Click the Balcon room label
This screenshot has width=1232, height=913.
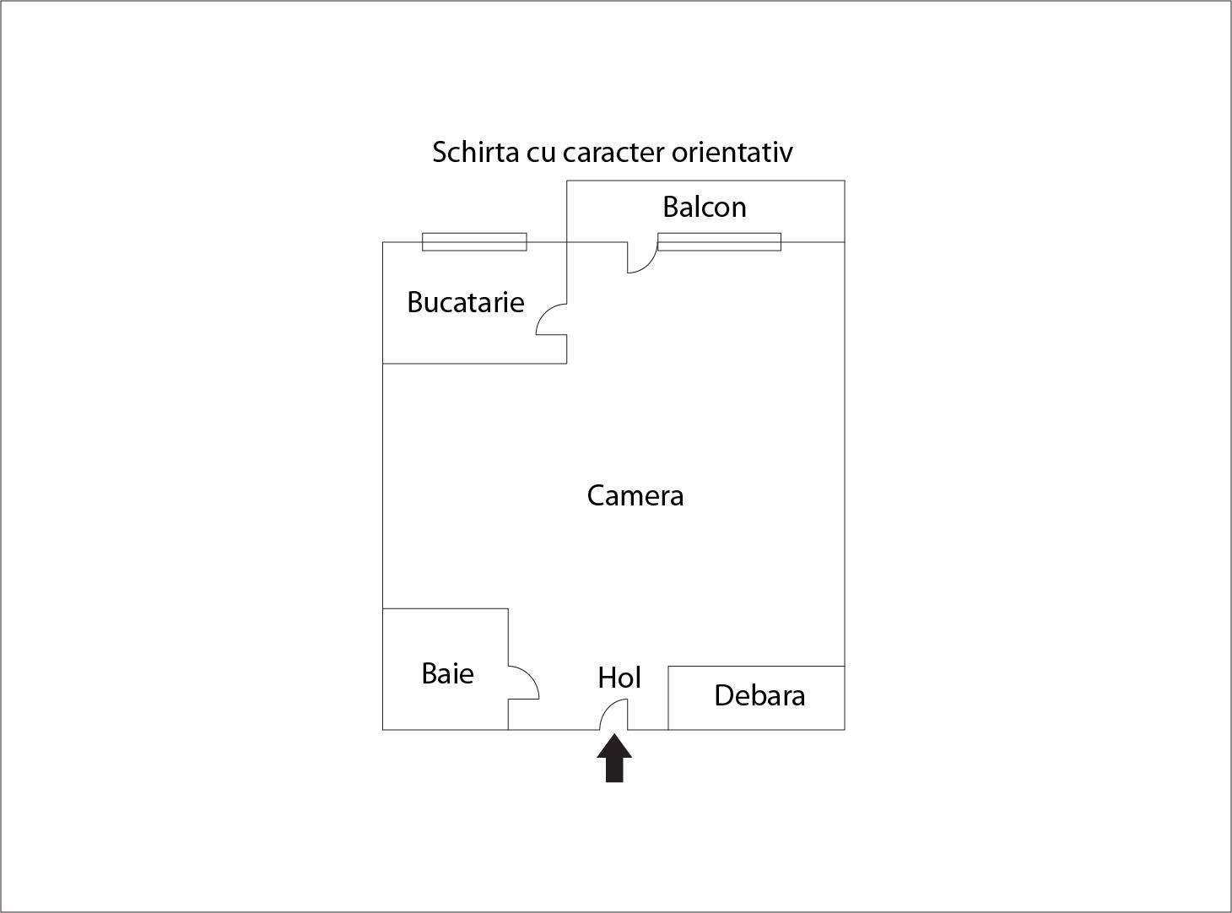point(705,207)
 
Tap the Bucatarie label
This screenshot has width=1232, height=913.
point(466,302)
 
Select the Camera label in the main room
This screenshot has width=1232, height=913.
point(635,495)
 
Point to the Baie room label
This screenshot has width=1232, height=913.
point(448,673)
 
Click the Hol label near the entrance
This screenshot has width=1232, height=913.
point(619,678)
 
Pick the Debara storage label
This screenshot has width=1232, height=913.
point(759,695)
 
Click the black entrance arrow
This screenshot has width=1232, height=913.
point(614,758)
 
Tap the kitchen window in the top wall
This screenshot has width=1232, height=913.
point(474,241)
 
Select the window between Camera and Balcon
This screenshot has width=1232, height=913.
point(719,241)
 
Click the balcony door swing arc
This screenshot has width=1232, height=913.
point(649,265)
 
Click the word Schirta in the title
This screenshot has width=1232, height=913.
point(475,152)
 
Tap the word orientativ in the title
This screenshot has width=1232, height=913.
point(732,153)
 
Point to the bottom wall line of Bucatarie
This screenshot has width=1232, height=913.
point(474,364)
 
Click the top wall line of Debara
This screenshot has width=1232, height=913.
point(757,666)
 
